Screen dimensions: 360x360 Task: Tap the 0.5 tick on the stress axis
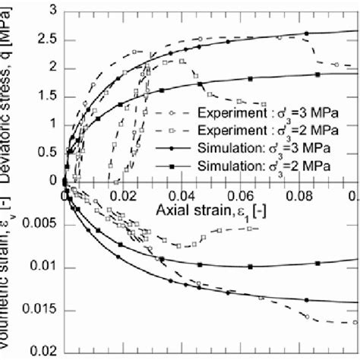46,153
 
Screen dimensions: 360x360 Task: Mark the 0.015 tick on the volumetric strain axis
37,310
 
